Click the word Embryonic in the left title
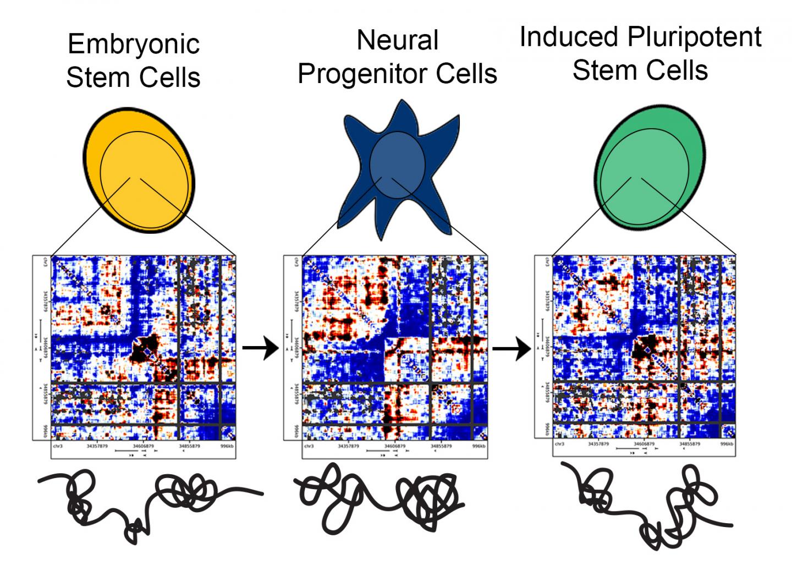[x=134, y=45]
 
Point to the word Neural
[x=398, y=40]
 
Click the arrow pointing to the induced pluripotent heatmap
[x=511, y=349]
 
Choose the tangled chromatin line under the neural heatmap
[x=380, y=498]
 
